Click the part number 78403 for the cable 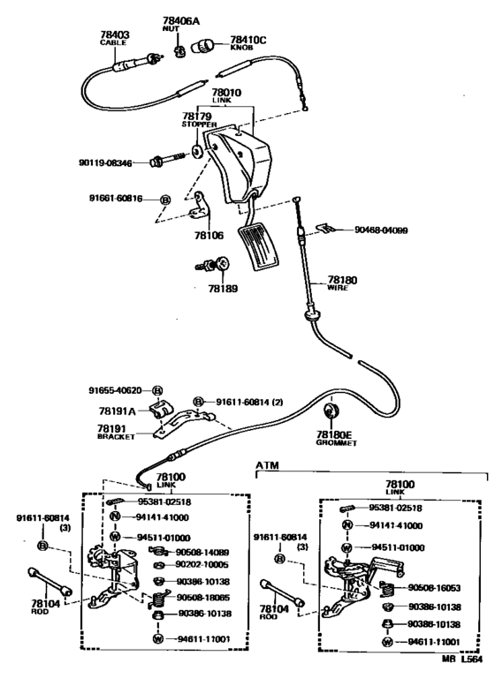[114, 34]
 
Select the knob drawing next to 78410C [203, 45]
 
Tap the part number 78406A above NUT [179, 20]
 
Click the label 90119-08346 [105, 163]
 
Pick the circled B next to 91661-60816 [165, 200]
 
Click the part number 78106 [209, 236]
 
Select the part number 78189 [223, 289]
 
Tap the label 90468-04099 [381, 230]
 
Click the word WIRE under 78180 [338, 288]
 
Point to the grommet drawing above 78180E [331, 411]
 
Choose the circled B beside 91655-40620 [157, 390]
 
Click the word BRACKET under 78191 [116, 437]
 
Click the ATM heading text [267, 465]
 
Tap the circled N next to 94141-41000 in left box [115, 516]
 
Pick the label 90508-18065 [203, 598]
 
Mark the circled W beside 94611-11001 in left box [158, 638]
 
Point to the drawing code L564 [471, 659]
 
